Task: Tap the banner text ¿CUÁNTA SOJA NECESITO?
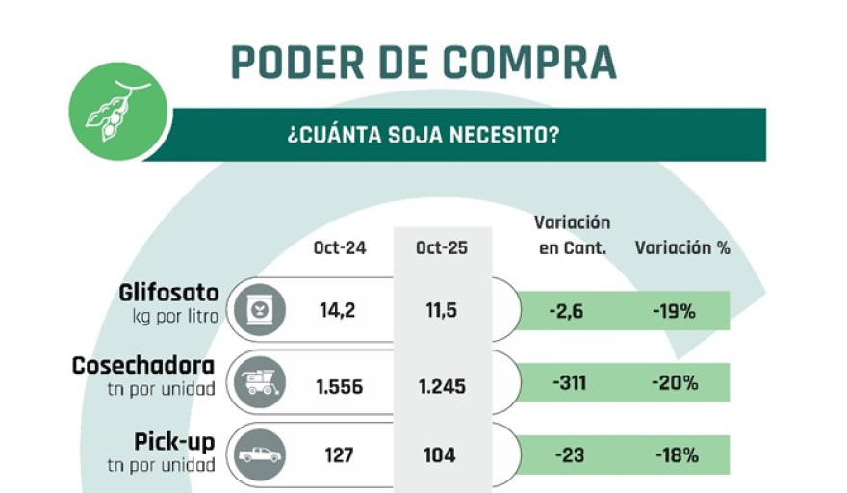click(423, 135)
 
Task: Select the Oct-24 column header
click(340, 247)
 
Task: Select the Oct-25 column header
click(442, 247)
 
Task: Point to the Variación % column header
click(682, 247)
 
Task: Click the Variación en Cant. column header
click(571, 235)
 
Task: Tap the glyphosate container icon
click(259, 310)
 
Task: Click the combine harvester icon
click(259, 383)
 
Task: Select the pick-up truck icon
click(259, 454)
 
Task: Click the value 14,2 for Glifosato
click(340, 311)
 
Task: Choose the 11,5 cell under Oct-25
click(442, 311)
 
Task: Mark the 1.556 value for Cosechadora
click(340, 386)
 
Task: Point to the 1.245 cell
click(442, 386)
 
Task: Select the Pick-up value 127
click(340, 455)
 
